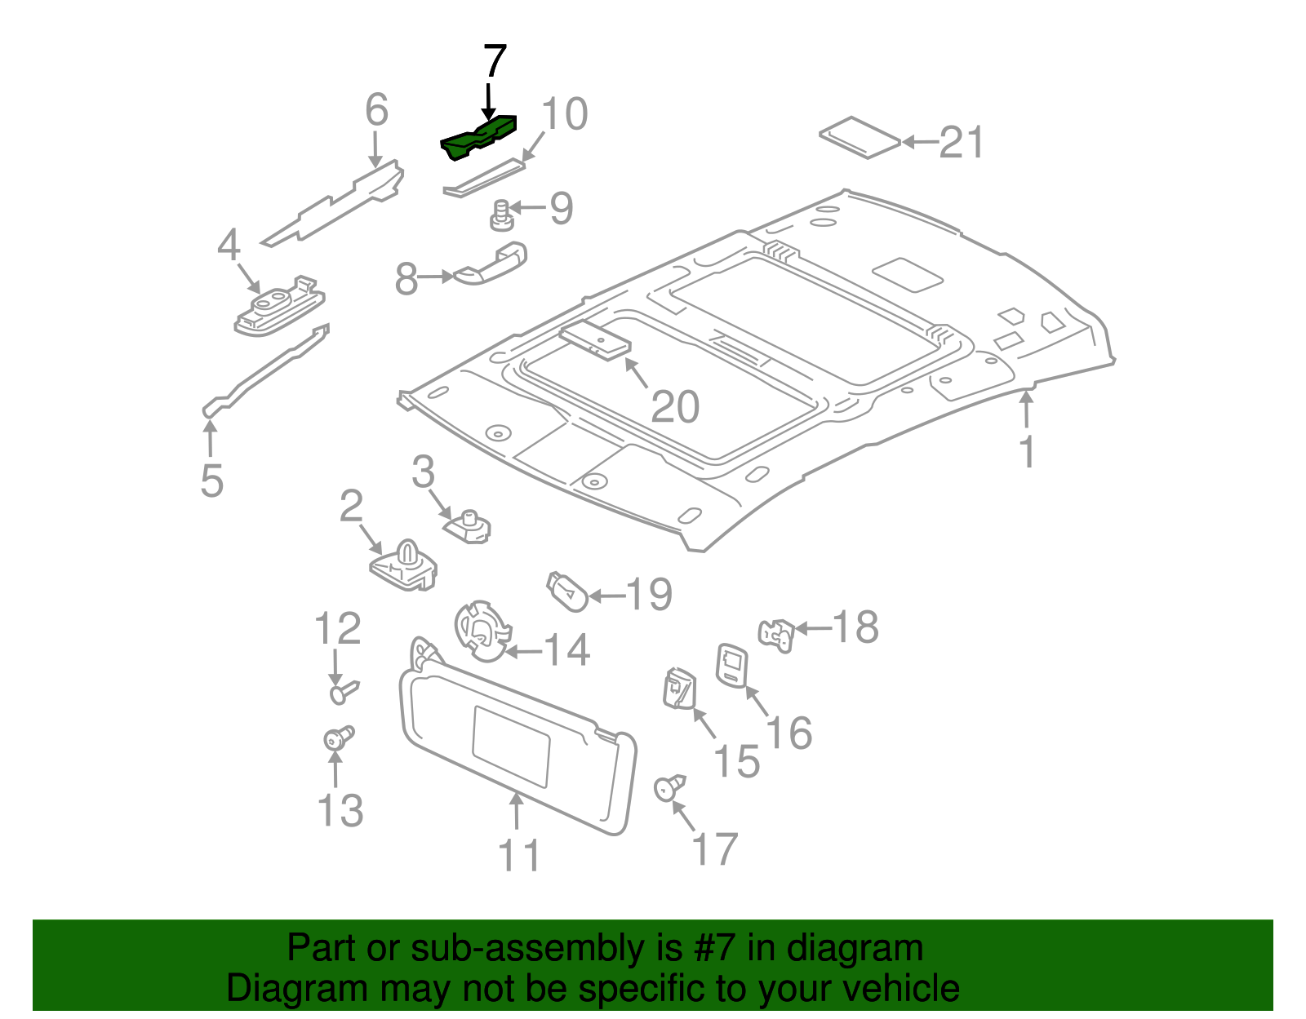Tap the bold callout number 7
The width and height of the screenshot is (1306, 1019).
495,63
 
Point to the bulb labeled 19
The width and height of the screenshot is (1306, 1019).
566,591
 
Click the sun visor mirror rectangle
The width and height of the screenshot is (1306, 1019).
511,747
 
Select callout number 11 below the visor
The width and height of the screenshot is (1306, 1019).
519,856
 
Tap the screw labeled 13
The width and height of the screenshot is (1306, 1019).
337,738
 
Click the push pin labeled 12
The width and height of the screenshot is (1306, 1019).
343,692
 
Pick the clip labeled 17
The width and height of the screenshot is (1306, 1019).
669,787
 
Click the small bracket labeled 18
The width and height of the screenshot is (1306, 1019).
777,635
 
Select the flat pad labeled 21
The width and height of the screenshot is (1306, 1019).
860,137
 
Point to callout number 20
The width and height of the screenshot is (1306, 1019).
675,407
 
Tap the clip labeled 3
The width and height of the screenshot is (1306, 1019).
469,527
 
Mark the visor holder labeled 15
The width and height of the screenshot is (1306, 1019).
677,687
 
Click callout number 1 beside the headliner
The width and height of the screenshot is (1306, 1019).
1028,452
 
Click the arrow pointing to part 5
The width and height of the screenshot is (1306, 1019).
210,438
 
